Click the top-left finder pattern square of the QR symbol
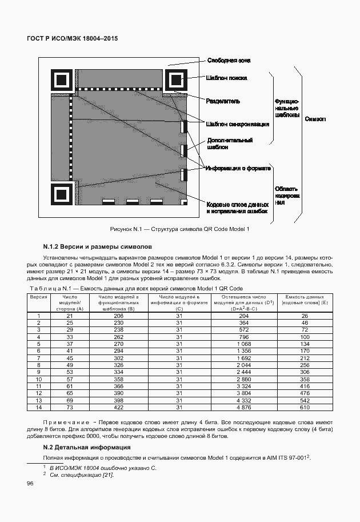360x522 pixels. (61, 79)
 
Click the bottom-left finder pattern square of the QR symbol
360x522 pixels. (61, 195)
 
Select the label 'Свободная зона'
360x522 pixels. (228, 61)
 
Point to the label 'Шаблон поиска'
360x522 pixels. (226, 79)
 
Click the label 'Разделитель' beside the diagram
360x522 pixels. (223, 101)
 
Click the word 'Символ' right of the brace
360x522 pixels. (315, 119)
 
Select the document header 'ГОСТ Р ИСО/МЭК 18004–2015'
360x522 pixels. (72, 39)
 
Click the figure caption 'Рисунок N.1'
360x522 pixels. (179, 229)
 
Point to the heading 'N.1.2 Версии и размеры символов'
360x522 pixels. (97, 247)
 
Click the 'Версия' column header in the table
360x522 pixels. (38, 297)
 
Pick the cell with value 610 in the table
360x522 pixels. (304, 407)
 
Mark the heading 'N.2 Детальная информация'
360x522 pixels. (87, 447)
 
